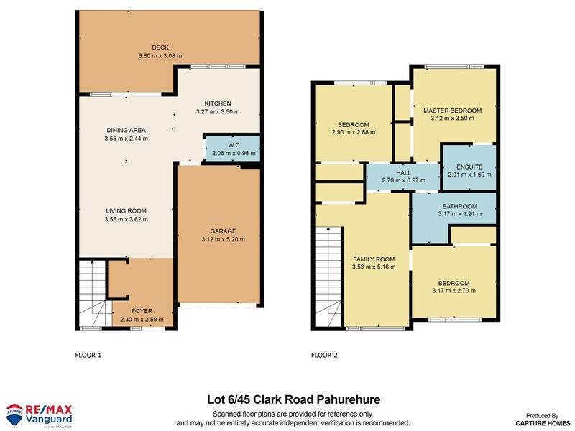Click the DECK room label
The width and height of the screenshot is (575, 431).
[x=150, y=46]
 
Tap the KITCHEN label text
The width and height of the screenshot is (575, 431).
[x=216, y=103]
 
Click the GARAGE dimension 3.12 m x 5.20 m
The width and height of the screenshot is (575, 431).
[x=218, y=240]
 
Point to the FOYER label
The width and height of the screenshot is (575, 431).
[x=142, y=310]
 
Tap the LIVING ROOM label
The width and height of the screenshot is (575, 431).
[x=126, y=211]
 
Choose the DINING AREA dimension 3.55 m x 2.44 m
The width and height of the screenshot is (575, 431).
[x=126, y=139]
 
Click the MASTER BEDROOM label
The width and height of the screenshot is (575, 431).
[x=452, y=110]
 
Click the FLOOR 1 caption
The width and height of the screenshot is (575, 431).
[x=89, y=355]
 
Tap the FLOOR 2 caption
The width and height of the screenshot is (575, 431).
[x=324, y=355]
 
